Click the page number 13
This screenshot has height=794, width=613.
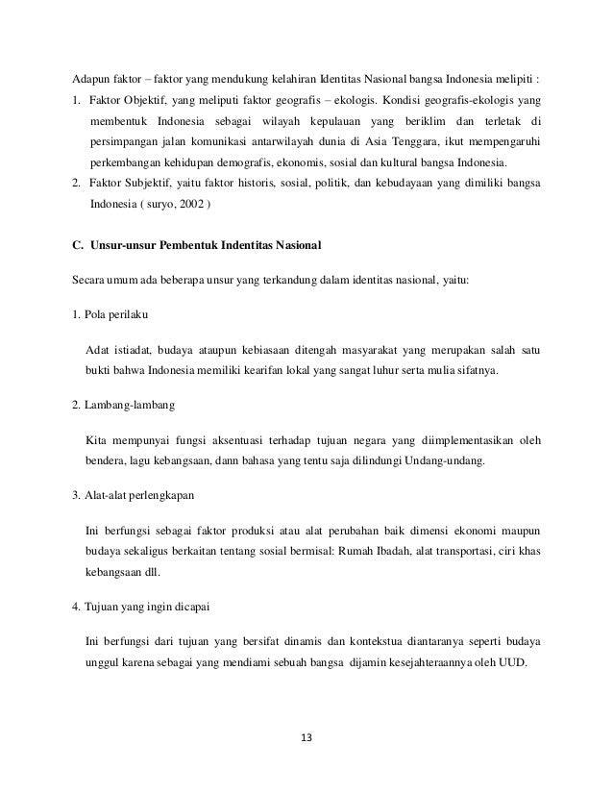click(x=306, y=738)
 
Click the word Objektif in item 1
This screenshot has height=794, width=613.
click(x=147, y=101)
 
